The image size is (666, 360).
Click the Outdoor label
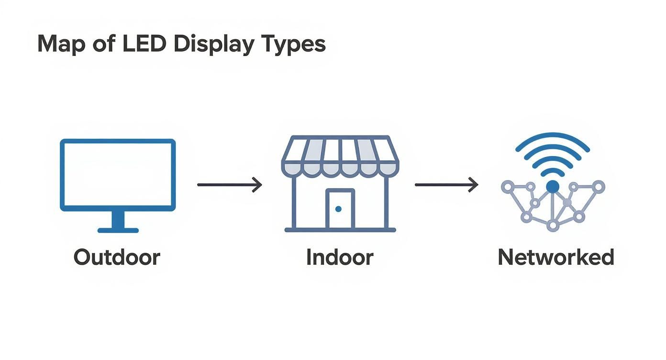(x=117, y=258)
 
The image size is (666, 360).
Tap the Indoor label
(x=340, y=258)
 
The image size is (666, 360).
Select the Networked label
(x=556, y=258)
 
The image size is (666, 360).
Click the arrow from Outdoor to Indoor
(x=230, y=184)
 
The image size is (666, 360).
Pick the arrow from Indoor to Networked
(x=446, y=184)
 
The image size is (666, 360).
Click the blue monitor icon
(x=118, y=175)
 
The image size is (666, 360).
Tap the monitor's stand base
(x=118, y=230)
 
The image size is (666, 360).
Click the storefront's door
(x=340, y=209)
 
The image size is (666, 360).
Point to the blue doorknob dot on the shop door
(x=339, y=209)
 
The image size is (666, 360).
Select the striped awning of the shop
(x=340, y=156)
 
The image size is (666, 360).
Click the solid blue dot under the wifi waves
(x=553, y=187)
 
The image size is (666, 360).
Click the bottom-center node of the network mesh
(x=553, y=225)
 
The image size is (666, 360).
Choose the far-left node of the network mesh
(x=507, y=186)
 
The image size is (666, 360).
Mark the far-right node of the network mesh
(x=599, y=186)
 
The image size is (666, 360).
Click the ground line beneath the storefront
(x=340, y=230)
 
